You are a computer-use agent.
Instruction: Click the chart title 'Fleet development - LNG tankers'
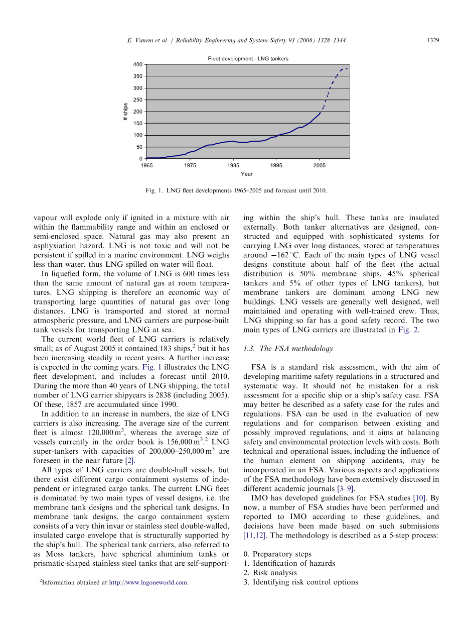pos(248,59)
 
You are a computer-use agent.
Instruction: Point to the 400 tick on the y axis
pos(137,65)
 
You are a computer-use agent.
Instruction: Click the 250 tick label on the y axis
pos(137,100)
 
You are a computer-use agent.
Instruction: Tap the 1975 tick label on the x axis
pos(190,165)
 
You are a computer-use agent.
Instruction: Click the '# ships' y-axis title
pos(126,112)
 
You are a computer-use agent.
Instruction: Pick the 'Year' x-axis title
pos(246,174)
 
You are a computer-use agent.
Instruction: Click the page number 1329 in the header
pos(433,40)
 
